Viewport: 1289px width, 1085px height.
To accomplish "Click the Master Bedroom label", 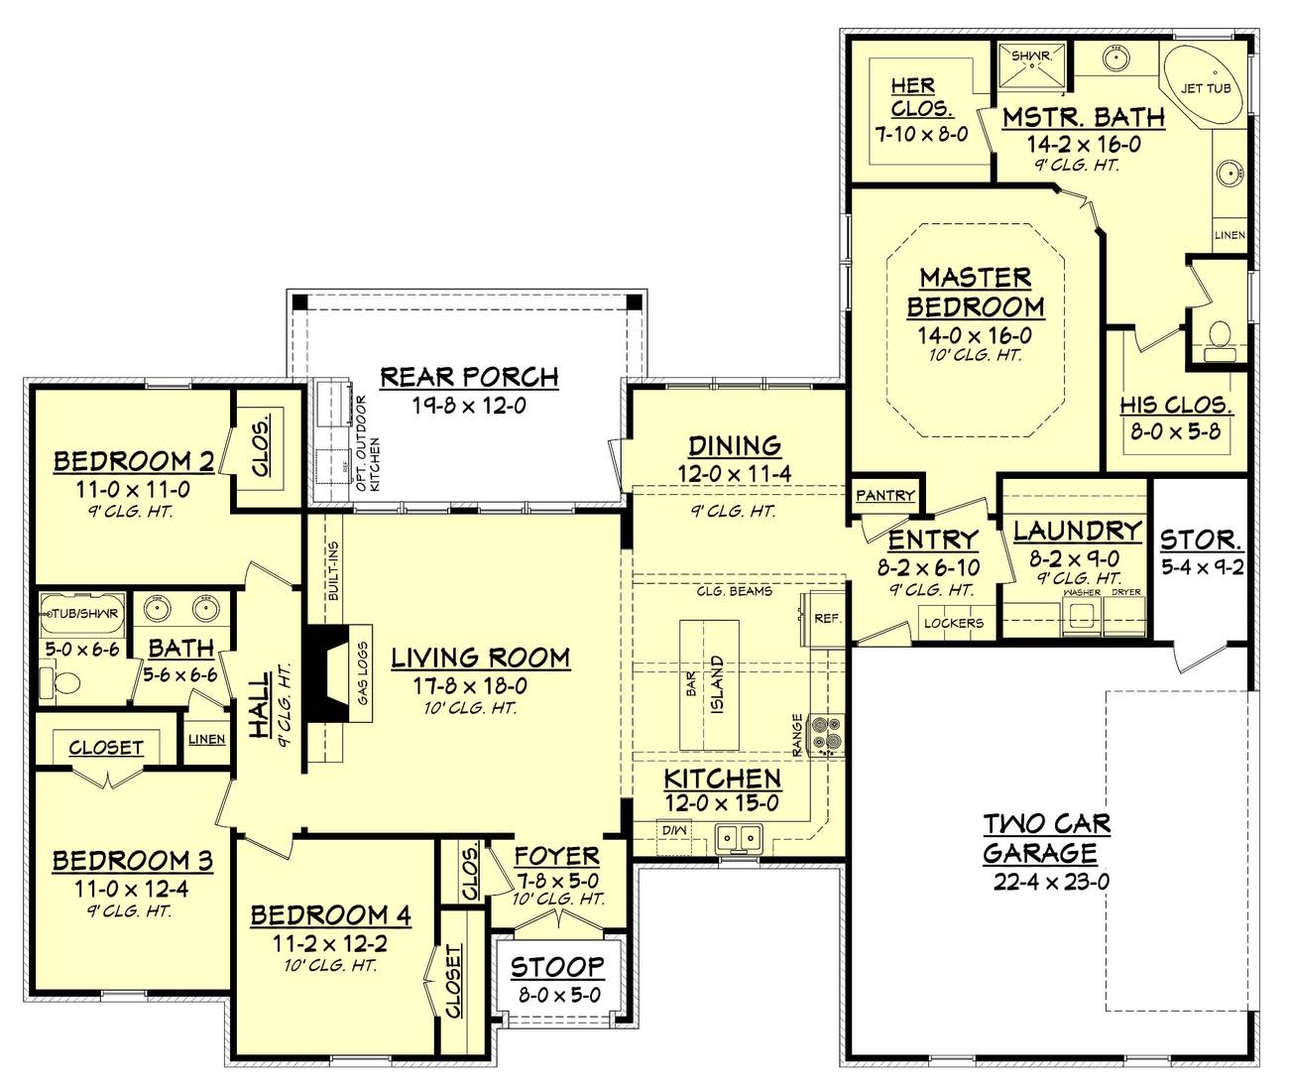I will (975, 292).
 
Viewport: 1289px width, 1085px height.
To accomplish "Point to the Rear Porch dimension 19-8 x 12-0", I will (469, 405).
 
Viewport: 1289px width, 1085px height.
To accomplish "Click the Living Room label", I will (480, 658).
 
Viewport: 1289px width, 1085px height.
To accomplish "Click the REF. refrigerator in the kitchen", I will (826, 619).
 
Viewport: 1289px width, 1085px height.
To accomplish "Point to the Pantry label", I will (884, 495).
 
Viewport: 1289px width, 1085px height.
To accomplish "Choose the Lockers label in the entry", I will (953, 623).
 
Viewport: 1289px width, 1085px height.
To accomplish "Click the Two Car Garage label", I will (1046, 838).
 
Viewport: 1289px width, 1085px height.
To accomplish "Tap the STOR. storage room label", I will (1201, 540).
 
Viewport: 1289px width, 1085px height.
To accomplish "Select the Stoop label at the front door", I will (557, 966).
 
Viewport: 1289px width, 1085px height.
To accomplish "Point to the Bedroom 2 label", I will (134, 461).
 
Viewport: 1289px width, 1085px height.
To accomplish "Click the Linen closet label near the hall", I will (206, 739).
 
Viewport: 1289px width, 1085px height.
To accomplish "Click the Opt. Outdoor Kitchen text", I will (368, 443).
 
